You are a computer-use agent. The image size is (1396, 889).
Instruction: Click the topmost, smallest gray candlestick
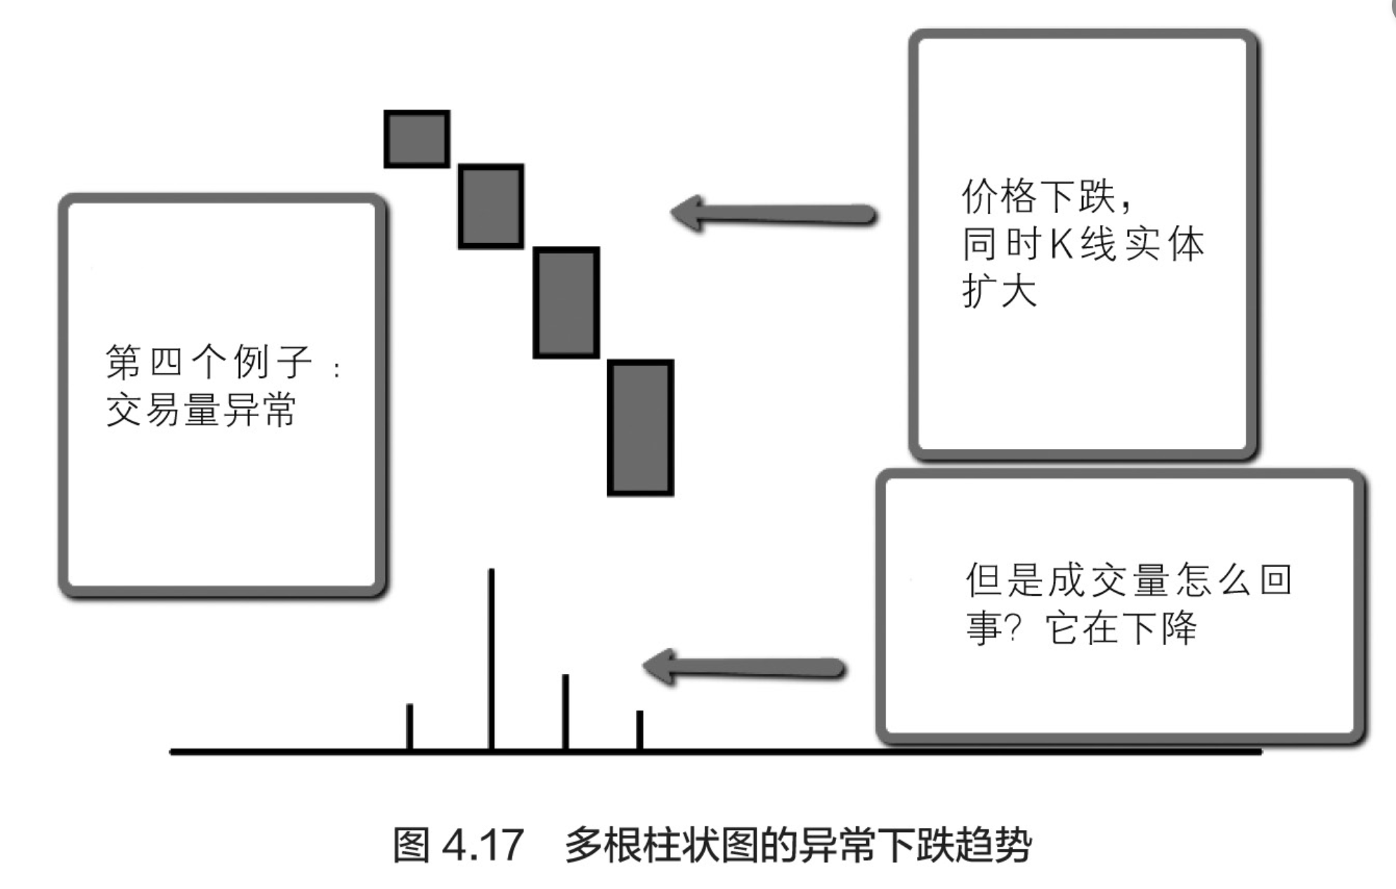click(x=417, y=138)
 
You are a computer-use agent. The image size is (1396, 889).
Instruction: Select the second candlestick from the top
click(x=490, y=206)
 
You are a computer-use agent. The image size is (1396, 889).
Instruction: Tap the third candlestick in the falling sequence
click(x=566, y=302)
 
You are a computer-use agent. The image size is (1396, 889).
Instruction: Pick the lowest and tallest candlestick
click(x=640, y=427)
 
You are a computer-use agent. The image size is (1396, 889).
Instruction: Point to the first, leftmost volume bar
click(x=410, y=726)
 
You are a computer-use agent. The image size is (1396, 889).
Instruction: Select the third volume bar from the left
click(x=565, y=711)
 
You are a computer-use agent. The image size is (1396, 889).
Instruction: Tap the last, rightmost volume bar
click(x=639, y=729)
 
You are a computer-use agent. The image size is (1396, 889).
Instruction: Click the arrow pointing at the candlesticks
click(x=773, y=214)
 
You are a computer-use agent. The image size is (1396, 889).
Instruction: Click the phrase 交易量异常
click(x=201, y=409)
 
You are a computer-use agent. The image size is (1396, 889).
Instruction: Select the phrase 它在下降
click(x=1121, y=628)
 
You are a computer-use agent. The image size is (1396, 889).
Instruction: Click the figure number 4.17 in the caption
click(x=483, y=845)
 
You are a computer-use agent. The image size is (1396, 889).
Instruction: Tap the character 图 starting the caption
click(x=411, y=845)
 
